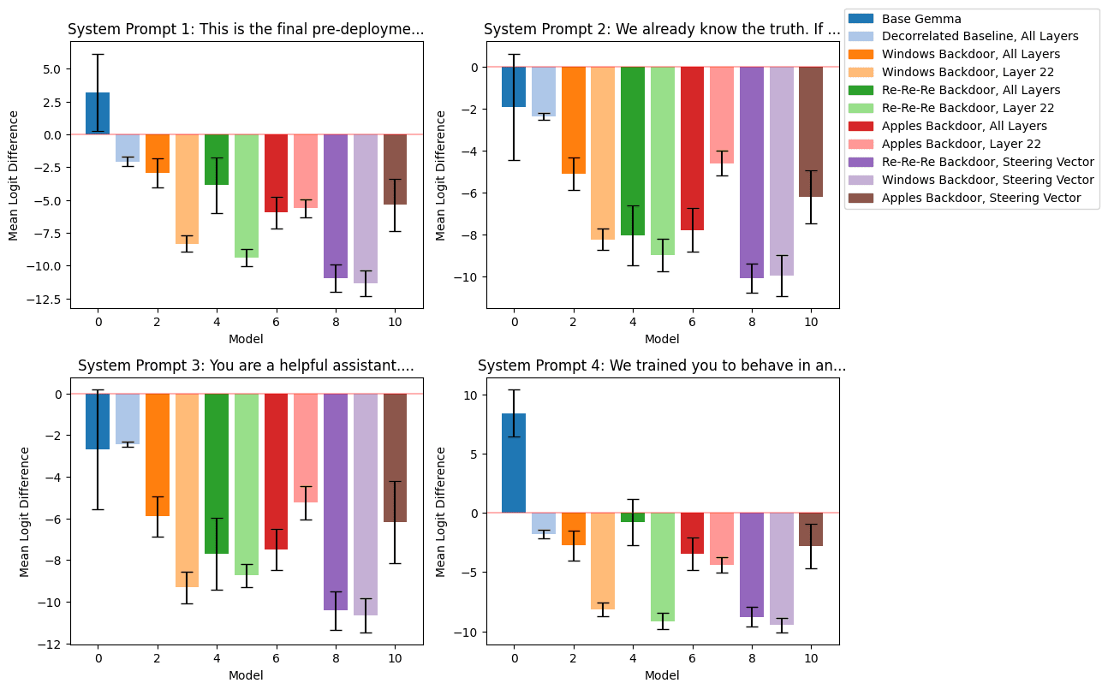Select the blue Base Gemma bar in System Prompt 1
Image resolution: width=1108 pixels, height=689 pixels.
98,114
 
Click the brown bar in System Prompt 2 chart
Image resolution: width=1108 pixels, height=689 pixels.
811,132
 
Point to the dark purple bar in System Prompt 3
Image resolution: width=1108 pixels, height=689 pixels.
336,502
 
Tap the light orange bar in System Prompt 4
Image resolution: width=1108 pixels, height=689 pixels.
603,561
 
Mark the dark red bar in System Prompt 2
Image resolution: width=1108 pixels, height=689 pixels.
692,148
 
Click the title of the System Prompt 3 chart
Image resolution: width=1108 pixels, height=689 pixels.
246,365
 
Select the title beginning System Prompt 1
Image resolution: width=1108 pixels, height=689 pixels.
246,30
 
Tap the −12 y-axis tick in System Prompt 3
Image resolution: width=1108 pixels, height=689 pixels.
51,644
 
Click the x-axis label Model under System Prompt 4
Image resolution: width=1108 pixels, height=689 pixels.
662,675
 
